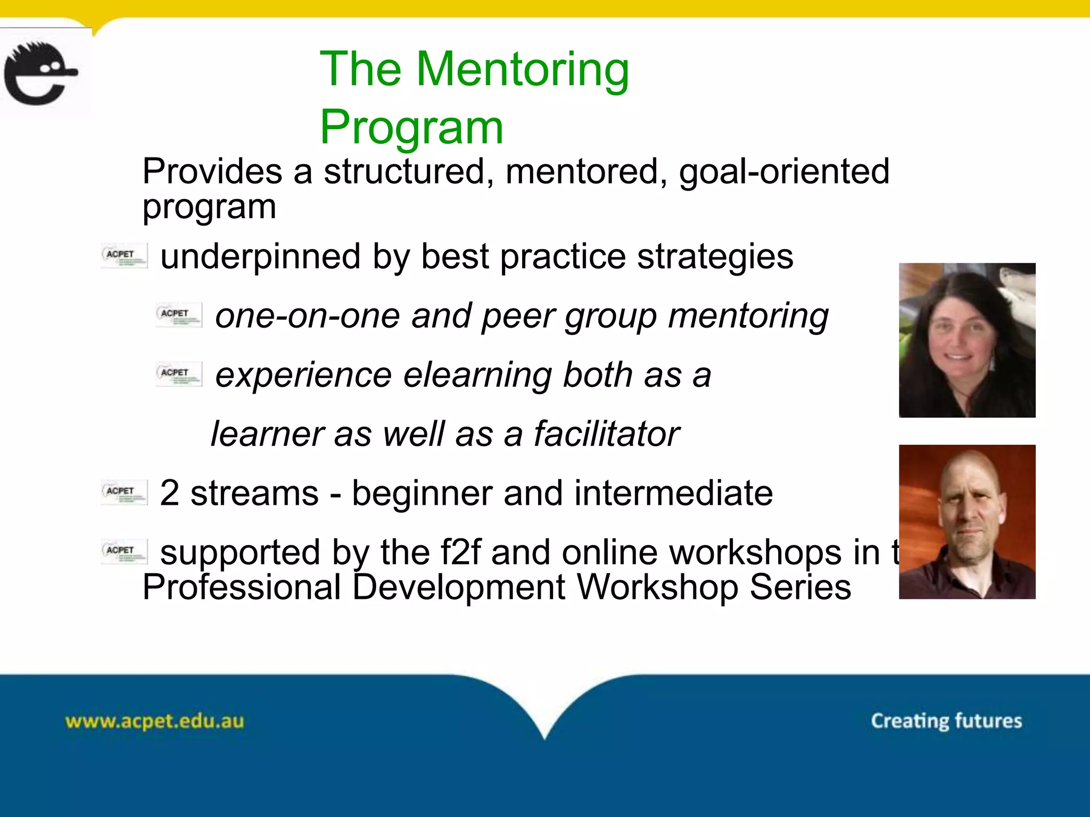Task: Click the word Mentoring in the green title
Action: (x=523, y=70)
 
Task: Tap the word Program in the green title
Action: (x=411, y=128)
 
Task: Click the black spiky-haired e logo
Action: (x=40, y=73)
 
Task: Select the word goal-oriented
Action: (x=784, y=172)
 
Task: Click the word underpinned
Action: (x=260, y=257)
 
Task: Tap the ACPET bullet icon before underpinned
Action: (x=124, y=256)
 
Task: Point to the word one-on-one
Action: (x=307, y=316)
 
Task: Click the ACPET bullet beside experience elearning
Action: (x=178, y=374)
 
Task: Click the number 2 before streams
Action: (x=169, y=494)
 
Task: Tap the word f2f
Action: (x=461, y=553)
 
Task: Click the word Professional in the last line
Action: (x=242, y=588)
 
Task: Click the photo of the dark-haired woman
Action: (x=967, y=340)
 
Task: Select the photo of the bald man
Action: (x=967, y=522)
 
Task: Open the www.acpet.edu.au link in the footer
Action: (x=154, y=722)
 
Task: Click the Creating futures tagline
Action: (x=946, y=721)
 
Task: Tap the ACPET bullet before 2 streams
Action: (x=124, y=492)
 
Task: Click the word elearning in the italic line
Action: (x=477, y=376)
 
